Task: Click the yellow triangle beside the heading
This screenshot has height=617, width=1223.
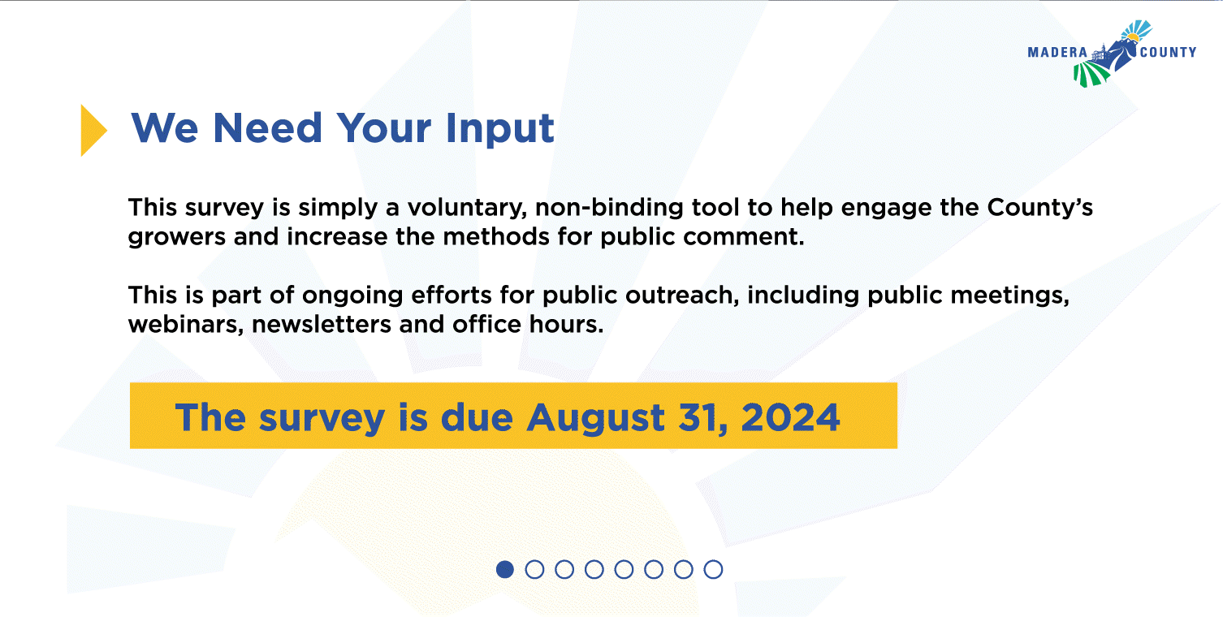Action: click(92, 130)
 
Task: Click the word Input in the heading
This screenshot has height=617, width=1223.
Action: click(499, 129)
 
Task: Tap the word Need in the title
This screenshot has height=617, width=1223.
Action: click(267, 127)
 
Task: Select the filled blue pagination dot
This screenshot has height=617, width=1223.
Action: click(505, 569)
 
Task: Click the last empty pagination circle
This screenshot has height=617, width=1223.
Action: click(713, 569)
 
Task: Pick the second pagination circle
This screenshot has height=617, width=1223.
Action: click(534, 569)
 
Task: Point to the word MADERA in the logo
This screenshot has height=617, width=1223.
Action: click(1057, 53)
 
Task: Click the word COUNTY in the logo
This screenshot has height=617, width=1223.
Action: click(1168, 53)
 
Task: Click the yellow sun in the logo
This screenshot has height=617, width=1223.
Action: click(1132, 37)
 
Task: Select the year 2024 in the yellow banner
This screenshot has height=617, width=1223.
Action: click(790, 418)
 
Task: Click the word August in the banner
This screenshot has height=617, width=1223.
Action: click(596, 419)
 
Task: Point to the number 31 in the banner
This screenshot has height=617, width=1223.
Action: click(701, 418)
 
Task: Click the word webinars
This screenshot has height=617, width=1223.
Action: click(186, 325)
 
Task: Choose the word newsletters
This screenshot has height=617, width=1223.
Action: click(321, 325)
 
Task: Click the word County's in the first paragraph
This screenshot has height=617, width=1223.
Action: click(1040, 208)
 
